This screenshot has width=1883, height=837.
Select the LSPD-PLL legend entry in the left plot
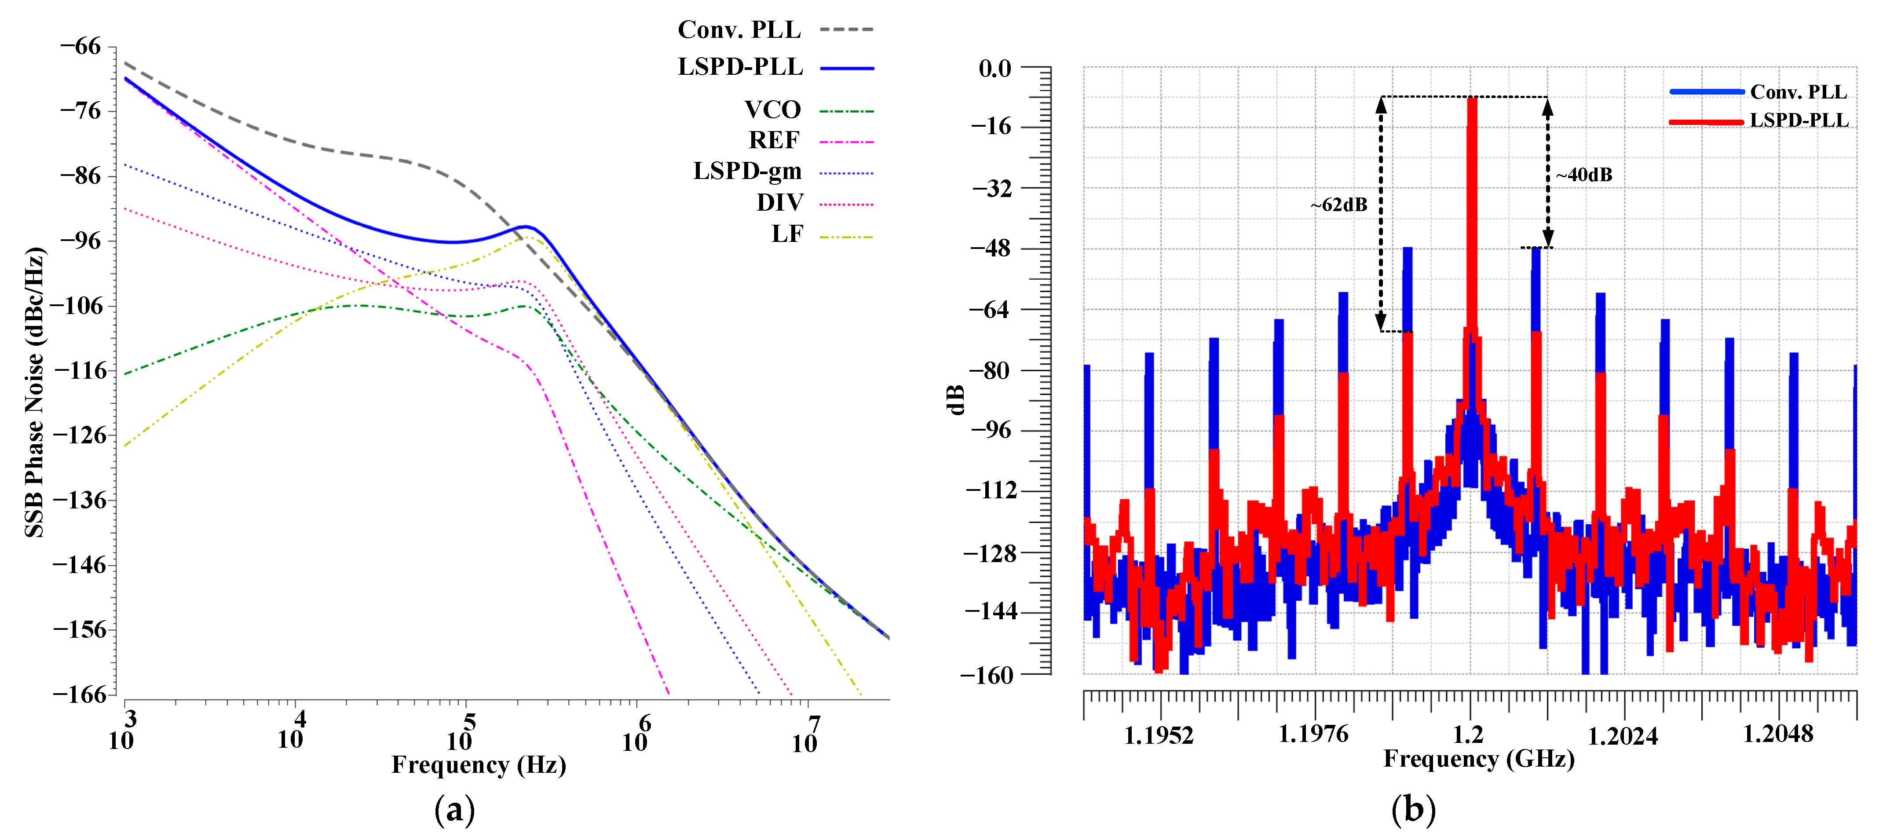pyautogui.click(x=740, y=66)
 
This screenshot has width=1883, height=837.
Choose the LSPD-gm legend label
pyautogui.click(x=747, y=171)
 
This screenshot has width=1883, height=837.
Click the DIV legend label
pyautogui.click(x=779, y=202)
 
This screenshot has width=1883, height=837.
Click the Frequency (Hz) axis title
pyautogui.click(x=479, y=764)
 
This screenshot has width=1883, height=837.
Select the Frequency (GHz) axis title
pyautogui.click(x=1478, y=759)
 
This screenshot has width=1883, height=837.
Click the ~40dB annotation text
pyautogui.click(x=1583, y=175)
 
